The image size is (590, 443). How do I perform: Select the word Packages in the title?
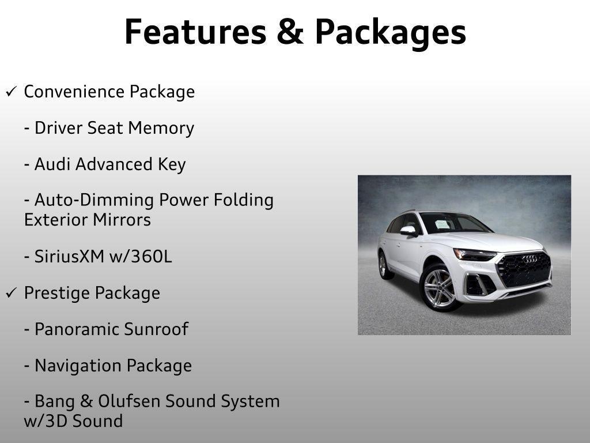[390, 33]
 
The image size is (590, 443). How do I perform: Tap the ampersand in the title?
[290, 32]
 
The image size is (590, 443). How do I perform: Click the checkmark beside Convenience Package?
[12, 92]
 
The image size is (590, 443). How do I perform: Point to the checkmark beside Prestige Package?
[12, 293]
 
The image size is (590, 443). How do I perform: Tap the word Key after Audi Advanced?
[172, 164]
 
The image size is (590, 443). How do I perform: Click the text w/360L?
[141, 257]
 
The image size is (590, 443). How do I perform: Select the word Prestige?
[56, 293]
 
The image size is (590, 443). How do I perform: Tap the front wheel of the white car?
[438, 287]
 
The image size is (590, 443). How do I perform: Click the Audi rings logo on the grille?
[530, 259]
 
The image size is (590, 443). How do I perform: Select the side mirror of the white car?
[409, 231]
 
